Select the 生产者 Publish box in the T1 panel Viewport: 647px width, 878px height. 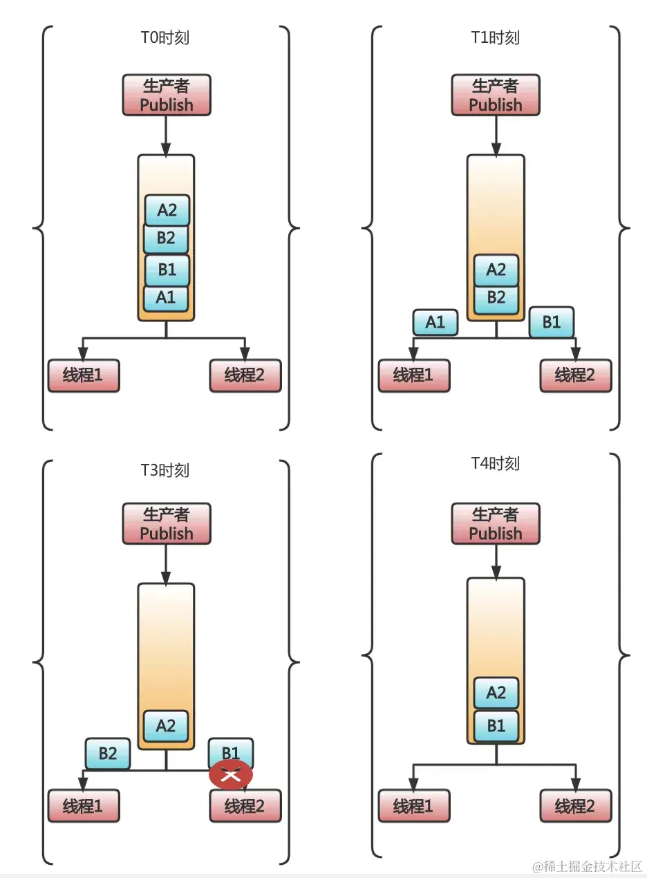[495, 95]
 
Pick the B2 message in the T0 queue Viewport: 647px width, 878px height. [166, 239]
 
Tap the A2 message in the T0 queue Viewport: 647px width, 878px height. [167, 209]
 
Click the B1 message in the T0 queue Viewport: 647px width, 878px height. [167, 270]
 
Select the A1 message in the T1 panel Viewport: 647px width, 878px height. [435, 322]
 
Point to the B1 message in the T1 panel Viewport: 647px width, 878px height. [551, 322]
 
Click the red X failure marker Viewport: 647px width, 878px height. [231, 774]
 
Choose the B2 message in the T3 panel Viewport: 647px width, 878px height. [107, 753]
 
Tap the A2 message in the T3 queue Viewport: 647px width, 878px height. [166, 726]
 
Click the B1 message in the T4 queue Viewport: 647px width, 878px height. [496, 727]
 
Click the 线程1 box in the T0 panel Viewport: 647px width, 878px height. [84, 375]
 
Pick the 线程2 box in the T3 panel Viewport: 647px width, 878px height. [245, 806]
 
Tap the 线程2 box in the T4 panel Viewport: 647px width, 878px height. [575, 806]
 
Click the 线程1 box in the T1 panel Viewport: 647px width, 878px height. [413, 375]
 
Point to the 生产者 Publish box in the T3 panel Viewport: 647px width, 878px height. [166, 524]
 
